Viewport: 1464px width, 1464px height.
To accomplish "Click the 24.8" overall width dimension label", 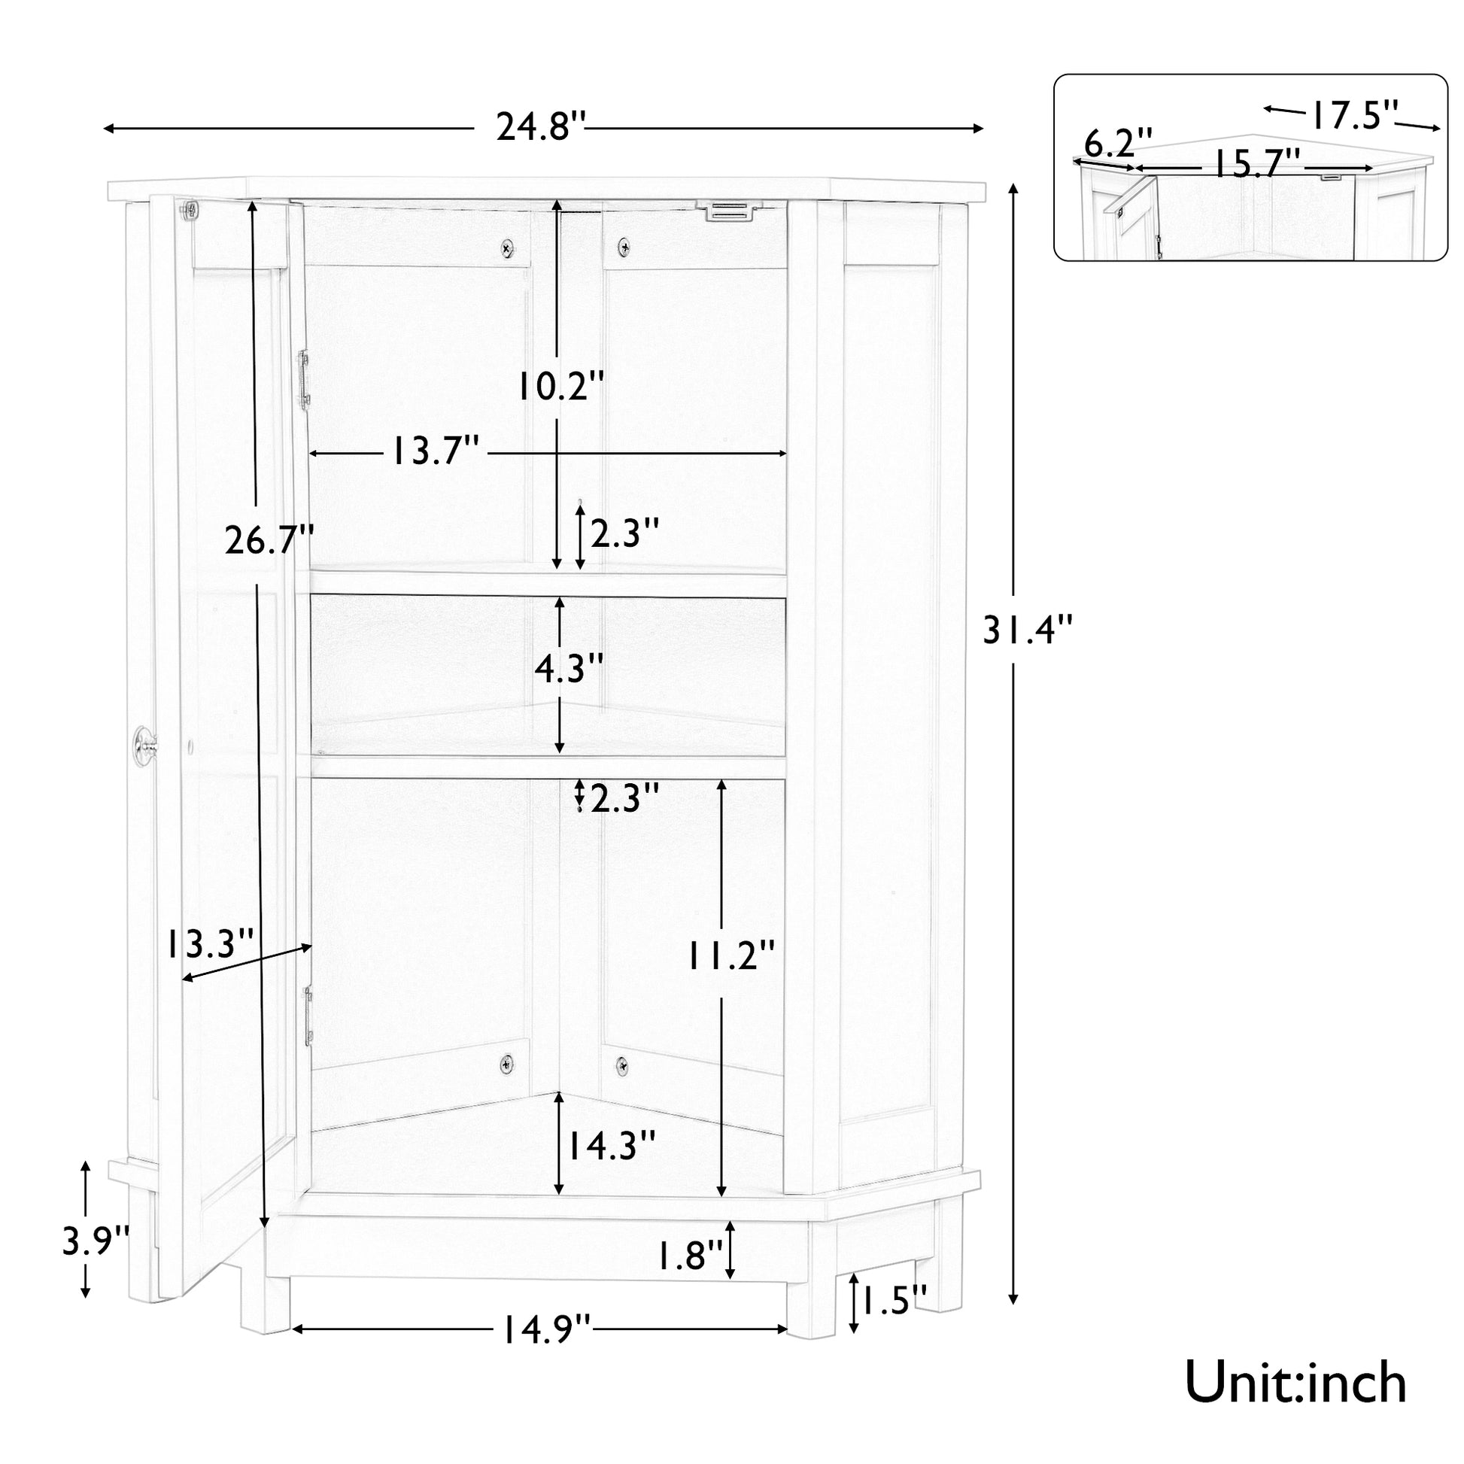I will click(x=541, y=126).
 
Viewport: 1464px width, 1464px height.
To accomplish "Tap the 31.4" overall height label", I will click(x=1028, y=629).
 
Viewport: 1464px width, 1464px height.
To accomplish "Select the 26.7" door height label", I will click(x=269, y=540).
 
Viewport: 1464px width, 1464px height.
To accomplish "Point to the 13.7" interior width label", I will click(x=436, y=452).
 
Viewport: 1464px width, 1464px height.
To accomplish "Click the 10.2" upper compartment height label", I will click(x=560, y=387).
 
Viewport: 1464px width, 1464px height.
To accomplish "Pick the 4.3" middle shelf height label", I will click(x=569, y=667).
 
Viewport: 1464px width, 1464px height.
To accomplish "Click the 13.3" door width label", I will click(x=210, y=944).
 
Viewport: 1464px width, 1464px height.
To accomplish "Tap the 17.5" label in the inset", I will click(x=1355, y=115).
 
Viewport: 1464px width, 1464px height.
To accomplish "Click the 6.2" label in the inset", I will click(x=1119, y=141).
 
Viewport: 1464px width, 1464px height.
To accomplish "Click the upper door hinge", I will click(x=305, y=378).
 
